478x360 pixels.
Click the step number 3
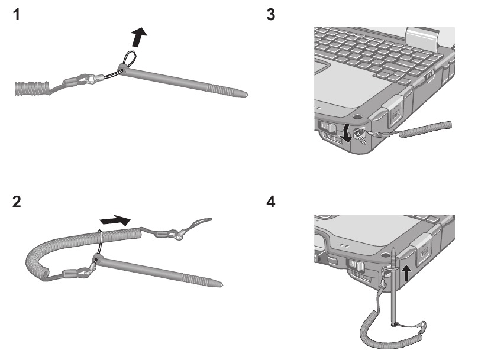(272, 15)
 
